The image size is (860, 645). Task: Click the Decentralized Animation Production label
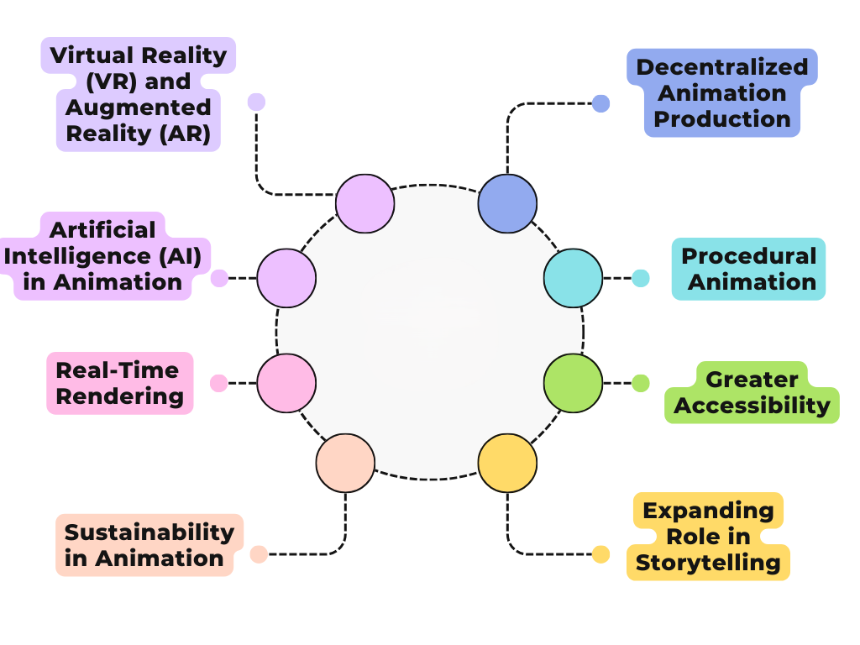click(721, 93)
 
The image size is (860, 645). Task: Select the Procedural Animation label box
click(748, 269)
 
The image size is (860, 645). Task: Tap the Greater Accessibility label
click(752, 393)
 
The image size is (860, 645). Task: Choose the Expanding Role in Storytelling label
click(708, 536)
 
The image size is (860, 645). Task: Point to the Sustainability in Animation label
click(149, 545)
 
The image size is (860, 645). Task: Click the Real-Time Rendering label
click(119, 383)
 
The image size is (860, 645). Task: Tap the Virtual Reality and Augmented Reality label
click(139, 94)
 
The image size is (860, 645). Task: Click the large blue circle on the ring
click(507, 203)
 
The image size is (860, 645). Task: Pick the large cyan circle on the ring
click(574, 278)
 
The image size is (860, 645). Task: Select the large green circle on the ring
click(574, 383)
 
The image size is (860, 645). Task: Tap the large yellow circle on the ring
click(507, 463)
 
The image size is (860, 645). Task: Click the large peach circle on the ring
click(345, 463)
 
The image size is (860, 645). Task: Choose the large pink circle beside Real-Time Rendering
click(286, 383)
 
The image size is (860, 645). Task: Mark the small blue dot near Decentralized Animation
click(600, 103)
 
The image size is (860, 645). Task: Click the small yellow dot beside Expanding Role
click(600, 554)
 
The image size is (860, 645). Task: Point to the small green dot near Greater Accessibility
click(641, 383)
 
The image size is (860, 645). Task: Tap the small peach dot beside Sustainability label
click(259, 554)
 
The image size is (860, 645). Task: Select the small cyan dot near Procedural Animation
click(641, 278)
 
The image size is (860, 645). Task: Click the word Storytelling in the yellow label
click(708, 562)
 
